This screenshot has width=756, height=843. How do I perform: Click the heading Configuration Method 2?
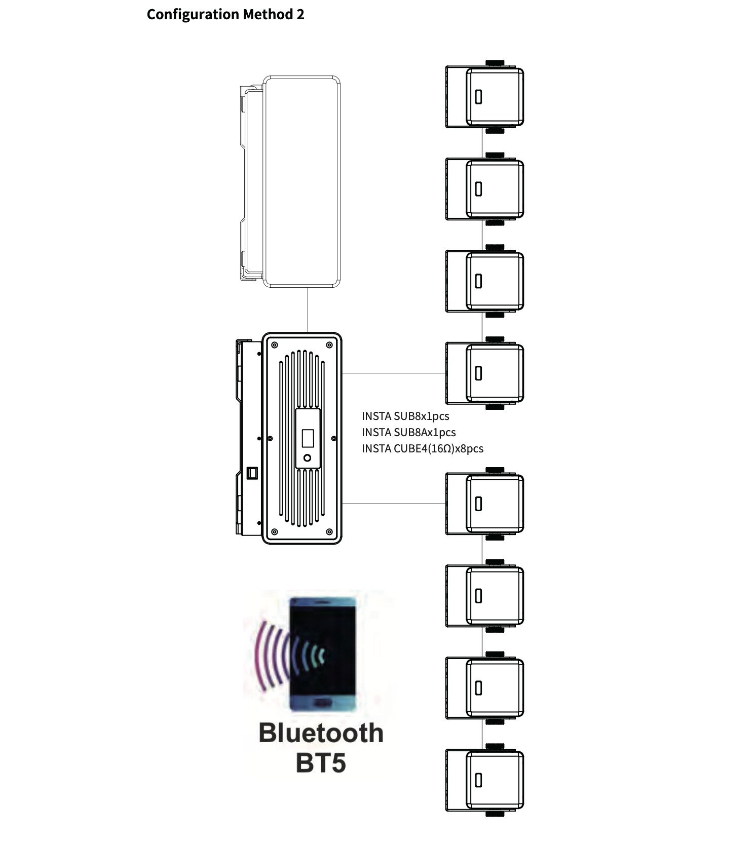click(225, 14)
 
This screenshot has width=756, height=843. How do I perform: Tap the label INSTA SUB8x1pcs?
click(405, 416)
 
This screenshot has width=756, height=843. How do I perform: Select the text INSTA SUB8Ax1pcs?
click(409, 432)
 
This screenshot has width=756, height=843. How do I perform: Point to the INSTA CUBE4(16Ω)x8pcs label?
click(423, 448)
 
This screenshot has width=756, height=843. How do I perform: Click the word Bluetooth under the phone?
click(321, 733)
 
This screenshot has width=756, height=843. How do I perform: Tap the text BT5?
click(321, 763)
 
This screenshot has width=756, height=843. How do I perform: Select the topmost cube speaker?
click(484, 97)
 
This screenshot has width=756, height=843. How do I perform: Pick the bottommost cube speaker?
click(484, 780)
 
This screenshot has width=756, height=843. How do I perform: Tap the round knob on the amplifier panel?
click(307, 458)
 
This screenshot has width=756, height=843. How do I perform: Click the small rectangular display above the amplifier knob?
click(308, 438)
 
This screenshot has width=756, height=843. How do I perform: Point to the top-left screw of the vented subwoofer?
click(275, 345)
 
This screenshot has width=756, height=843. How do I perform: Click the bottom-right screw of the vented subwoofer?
click(329, 532)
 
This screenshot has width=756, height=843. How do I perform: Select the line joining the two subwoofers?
click(308, 310)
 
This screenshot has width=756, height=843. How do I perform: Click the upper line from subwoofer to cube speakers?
click(394, 373)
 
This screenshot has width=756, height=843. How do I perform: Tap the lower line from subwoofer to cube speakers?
click(394, 504)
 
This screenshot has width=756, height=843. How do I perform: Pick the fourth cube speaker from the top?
click(484, 373)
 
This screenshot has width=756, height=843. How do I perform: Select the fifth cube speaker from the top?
click(484, 504)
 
